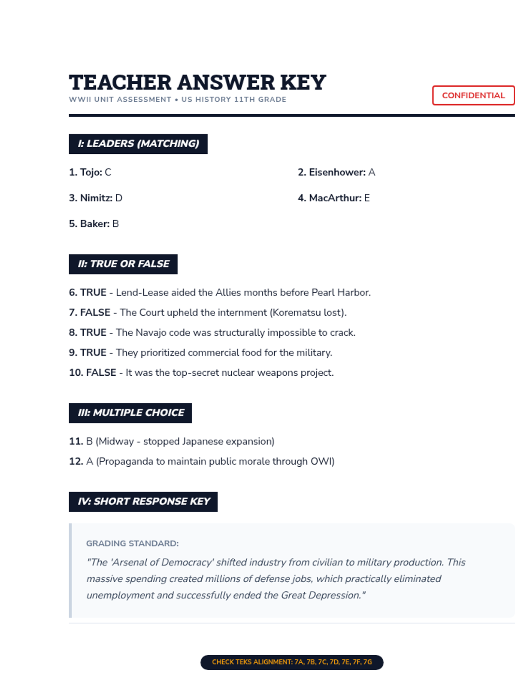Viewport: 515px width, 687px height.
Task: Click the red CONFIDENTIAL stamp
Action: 473,95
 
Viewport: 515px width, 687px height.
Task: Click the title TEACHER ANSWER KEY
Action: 197,82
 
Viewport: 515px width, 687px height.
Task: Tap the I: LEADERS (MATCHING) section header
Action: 138,144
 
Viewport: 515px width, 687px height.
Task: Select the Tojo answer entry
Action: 90,172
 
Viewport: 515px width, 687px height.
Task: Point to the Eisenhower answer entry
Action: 336,172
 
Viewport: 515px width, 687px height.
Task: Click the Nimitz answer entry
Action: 96,198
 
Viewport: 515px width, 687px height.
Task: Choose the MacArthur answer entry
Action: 334,198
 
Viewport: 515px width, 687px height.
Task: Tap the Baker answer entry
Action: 94,224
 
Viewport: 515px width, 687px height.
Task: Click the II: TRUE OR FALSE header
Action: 123,264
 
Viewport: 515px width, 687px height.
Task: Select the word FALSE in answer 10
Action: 101,373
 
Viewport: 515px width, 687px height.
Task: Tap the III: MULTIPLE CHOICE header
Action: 130,413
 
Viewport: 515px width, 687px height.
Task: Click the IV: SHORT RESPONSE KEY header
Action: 143,502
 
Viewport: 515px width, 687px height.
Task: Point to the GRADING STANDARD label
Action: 132,544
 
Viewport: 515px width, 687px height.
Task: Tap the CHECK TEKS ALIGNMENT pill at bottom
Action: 292,662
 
